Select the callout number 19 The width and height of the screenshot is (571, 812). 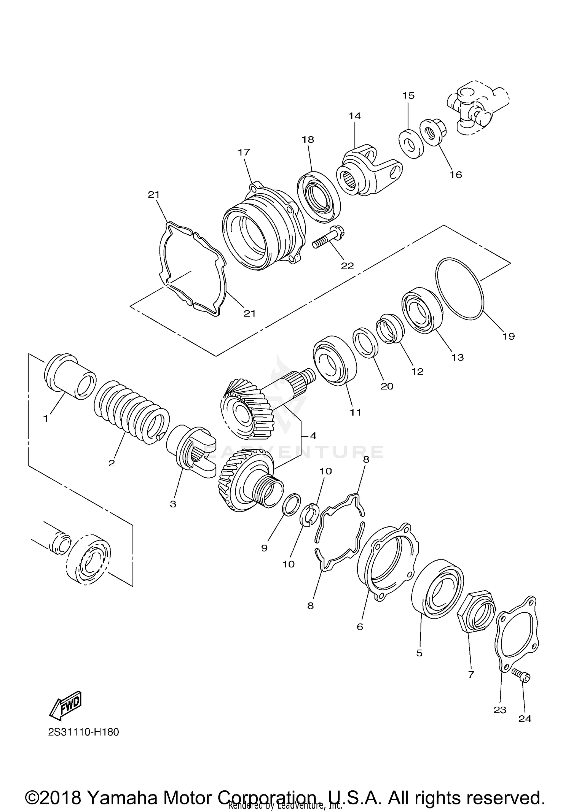click(509, 336)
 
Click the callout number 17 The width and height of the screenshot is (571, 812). click(244, 152)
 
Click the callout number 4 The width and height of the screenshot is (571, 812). click(313, 436)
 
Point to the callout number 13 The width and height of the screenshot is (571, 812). click(458, 358)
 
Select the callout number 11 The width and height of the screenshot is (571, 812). click(355, 412)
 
